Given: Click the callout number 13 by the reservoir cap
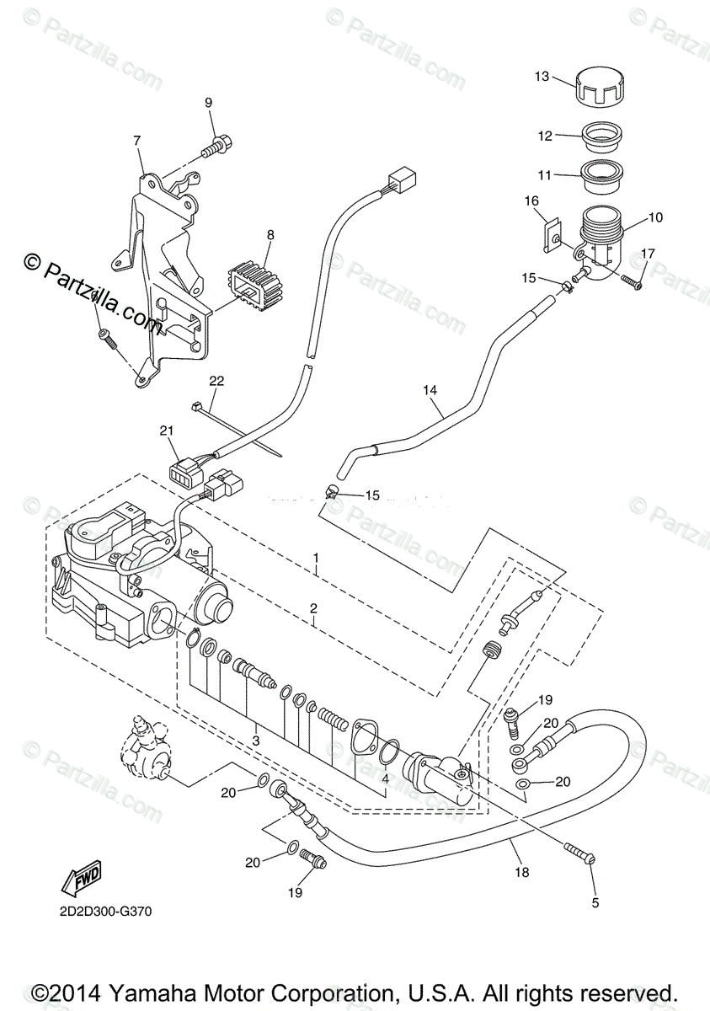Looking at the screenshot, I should [541, 77].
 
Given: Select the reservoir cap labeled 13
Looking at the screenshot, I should [601, 87].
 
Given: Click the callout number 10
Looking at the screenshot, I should [654, 217].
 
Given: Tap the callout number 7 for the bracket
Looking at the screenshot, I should [136, 141].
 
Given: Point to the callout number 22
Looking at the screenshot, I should [216, 381].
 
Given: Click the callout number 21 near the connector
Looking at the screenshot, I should [167, 431].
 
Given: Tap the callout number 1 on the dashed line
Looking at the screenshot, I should [316, 558].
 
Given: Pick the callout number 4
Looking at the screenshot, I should [385, 778].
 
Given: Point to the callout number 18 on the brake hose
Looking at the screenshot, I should [522, 872].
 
